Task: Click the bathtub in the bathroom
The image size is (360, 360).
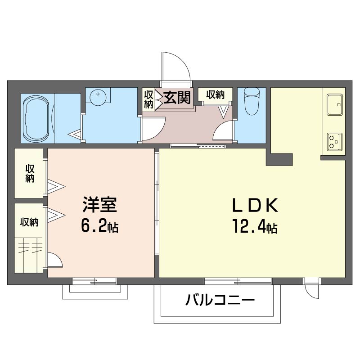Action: (37, 118)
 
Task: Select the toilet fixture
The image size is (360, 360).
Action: (251, 99)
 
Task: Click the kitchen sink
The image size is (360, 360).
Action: (333, 104)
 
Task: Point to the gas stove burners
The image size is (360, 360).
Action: (333, 141)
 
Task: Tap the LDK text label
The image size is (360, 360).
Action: (255, 206)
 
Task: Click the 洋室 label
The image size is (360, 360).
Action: (100, 205)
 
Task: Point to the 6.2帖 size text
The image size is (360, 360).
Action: (100, 226)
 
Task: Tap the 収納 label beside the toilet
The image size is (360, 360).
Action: (216, 94)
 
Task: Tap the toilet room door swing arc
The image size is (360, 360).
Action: (224, 132)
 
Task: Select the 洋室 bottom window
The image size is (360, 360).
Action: (94, 281)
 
